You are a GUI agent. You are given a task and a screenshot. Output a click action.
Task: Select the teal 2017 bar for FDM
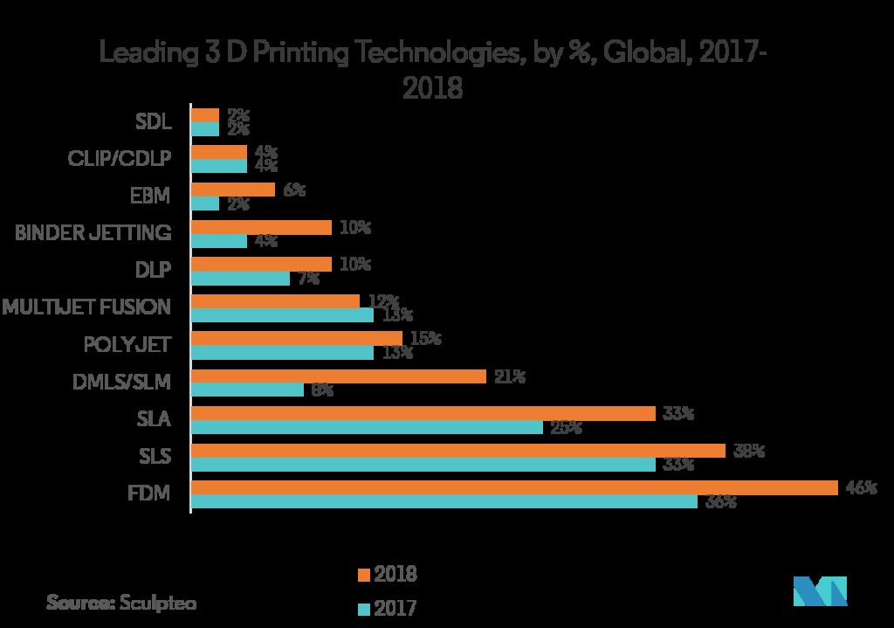[444, 501]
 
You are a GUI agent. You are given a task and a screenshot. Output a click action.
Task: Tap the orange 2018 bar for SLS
[457, 451]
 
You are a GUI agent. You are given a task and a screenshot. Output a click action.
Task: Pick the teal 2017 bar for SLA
[367, 427]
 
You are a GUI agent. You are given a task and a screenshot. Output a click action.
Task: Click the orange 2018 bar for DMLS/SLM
[338, 376]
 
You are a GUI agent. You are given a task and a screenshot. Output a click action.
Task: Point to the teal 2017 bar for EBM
[204, 204]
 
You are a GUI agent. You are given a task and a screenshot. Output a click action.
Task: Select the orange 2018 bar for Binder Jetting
[261, 227]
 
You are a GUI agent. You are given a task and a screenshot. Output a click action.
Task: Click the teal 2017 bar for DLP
[240, 279]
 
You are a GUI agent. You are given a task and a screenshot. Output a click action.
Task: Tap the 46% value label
[860, 488]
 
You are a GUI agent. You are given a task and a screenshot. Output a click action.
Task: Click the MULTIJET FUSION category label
[86, 307]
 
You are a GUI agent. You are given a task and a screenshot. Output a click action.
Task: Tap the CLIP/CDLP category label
[119, 158]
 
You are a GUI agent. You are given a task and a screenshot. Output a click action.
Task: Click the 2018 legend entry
[387, 574]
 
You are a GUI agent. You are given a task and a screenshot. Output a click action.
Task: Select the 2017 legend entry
[387, 607]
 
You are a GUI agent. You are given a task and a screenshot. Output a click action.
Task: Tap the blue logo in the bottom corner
[820, 591]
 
